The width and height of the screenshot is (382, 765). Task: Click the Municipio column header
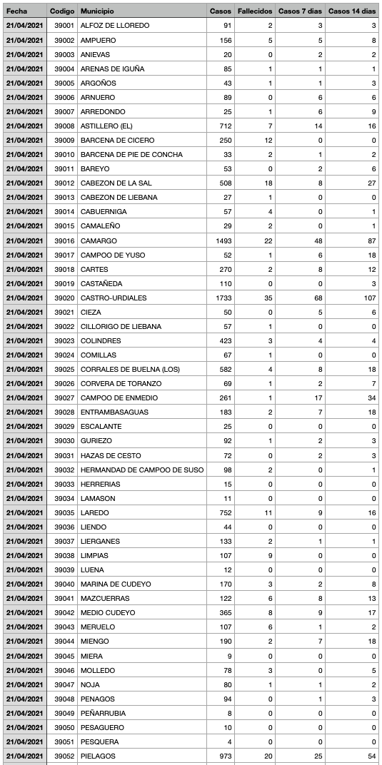(x=96, y=11)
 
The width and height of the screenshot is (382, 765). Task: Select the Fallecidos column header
(x=253, y=11)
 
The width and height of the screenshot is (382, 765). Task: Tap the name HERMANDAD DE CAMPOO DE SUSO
(x=142, y=470)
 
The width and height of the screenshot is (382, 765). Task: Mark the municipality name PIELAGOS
(x=98, y=756)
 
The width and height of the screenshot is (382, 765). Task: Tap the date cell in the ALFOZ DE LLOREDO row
(x=24, y=26)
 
